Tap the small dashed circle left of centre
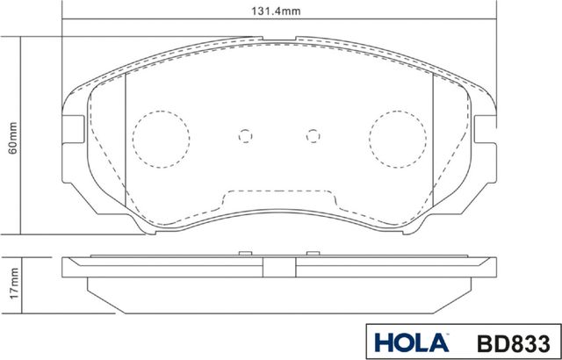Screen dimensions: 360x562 click(x=246, y=136)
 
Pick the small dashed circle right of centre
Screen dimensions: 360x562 click(x=313, y=136)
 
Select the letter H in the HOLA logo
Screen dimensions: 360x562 click(x=383, y=341)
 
